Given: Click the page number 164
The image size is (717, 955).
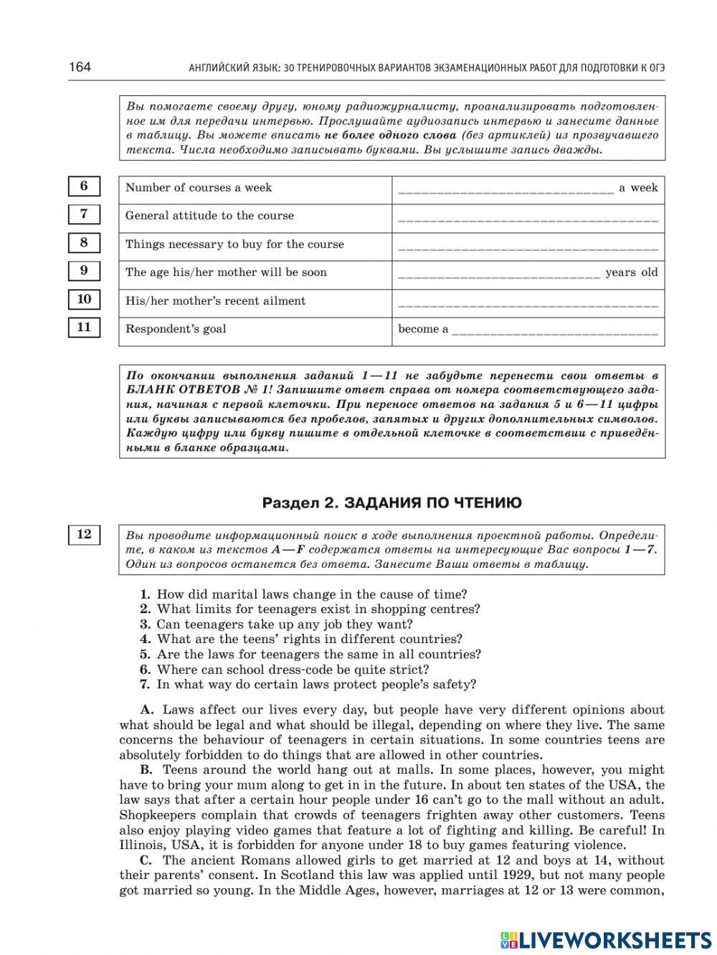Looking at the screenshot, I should (80, 67).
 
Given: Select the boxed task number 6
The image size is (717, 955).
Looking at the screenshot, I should (84, 186).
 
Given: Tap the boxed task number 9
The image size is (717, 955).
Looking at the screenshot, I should (84, 271).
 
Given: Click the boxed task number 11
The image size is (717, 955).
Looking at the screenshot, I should (84, 328).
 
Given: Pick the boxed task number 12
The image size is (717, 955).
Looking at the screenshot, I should (84, 535).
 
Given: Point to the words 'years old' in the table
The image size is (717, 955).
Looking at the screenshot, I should (631, 272).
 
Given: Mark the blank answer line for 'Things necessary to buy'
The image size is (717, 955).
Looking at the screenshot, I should (527, 246).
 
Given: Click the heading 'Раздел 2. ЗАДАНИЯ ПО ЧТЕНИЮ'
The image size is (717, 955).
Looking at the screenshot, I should (391, 503).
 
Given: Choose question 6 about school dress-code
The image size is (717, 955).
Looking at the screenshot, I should (292, 670).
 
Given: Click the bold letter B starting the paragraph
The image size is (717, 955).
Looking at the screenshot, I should (146, 770).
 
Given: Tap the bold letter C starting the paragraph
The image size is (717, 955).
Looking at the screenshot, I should (146, 860).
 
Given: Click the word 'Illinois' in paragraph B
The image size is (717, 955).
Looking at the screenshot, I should (141, 845).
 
